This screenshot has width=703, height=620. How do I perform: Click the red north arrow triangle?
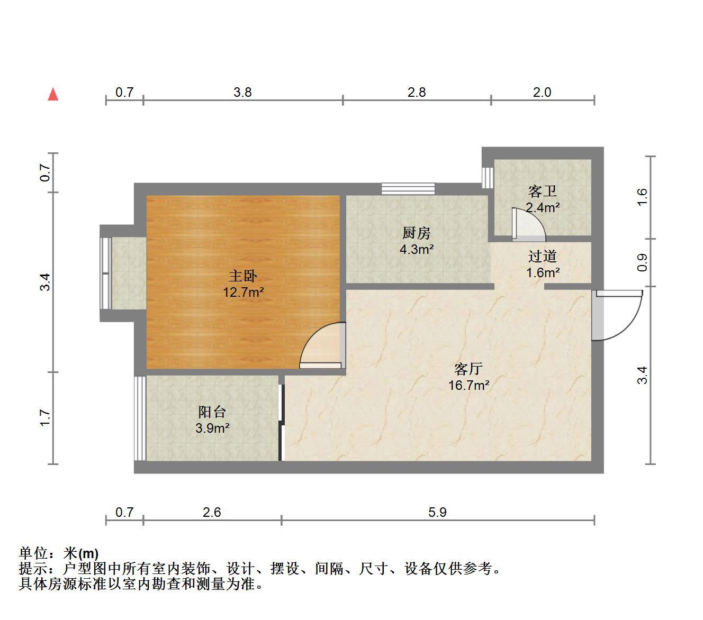53,94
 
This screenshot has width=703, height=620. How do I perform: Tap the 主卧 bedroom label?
243,276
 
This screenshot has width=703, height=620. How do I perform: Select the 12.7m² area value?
243,292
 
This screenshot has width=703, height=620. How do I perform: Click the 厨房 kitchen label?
417,233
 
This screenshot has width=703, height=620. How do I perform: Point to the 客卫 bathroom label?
543,191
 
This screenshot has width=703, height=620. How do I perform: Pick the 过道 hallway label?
543,256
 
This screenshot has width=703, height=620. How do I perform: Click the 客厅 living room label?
468,369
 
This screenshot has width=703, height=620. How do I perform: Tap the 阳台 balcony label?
212,412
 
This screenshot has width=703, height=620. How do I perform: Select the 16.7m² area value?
469,385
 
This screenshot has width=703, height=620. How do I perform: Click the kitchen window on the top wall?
408,189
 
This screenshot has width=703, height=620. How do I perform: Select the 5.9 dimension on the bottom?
437,512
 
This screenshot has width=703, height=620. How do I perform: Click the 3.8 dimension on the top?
242,92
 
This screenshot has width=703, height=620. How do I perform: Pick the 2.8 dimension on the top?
417,92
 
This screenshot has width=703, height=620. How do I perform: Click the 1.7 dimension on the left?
45,418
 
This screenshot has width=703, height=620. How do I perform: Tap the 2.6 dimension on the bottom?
212,512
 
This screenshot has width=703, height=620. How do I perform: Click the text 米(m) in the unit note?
81,553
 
